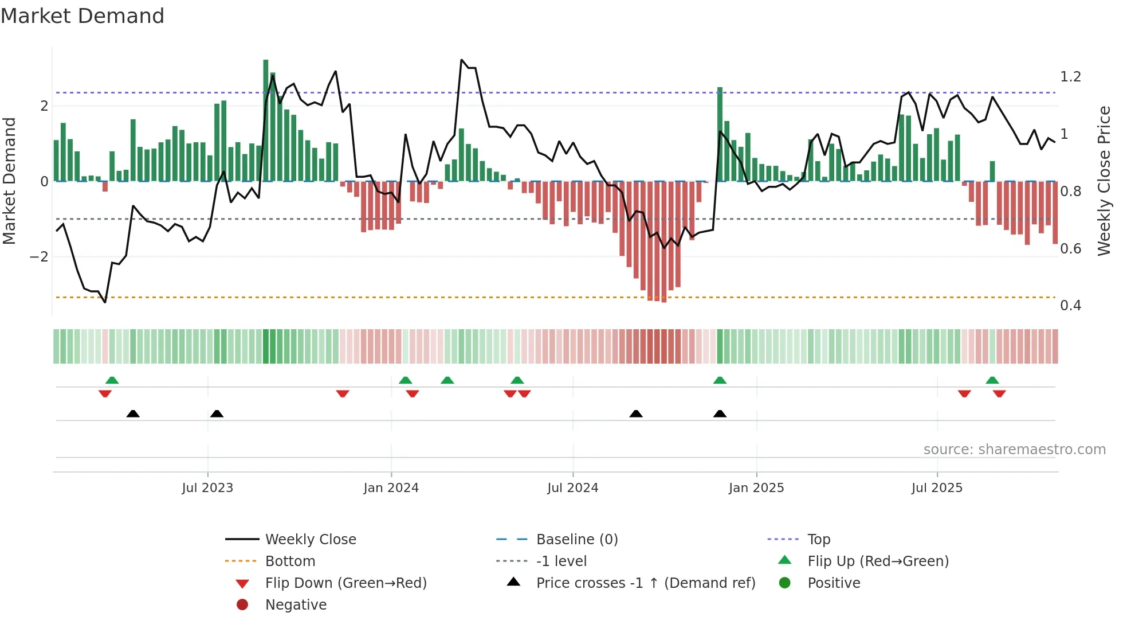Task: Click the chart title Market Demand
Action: point(83,16)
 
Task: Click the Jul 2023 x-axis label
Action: point(207,488)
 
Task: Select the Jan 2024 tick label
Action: point(391,488)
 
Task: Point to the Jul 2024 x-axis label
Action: point(573,488)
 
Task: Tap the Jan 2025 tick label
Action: point(756,488)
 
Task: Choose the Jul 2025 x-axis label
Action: point(937,488)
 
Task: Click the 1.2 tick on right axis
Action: point(1070,77)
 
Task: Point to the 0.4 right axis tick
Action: point(1070,306)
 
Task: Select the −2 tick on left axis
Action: point(40,257)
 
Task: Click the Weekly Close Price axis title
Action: point(1104,181)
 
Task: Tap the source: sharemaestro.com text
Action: point(1014,450)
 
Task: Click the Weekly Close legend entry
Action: point(311,540)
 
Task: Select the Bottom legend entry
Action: point(290,561)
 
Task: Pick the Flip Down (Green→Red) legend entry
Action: point(345,583)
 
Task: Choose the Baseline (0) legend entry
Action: point(577,540)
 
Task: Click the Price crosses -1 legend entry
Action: point(646,583)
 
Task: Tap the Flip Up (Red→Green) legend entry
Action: point(878,561)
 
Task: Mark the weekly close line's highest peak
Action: point(462,60)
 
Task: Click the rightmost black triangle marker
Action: point(720,413)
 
